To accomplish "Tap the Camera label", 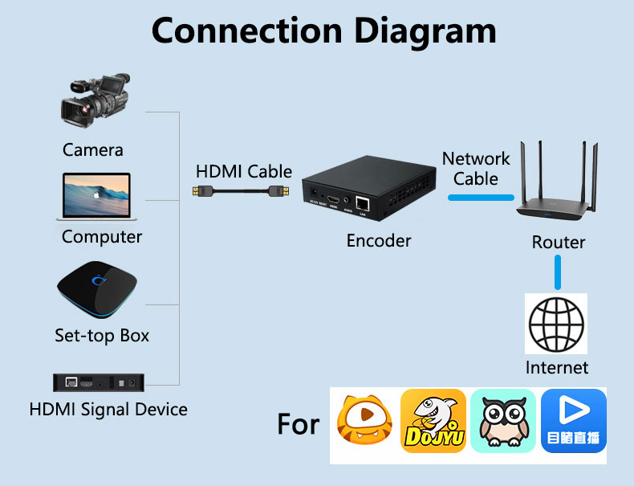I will pos(93,150).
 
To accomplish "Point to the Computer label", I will pos(102,237).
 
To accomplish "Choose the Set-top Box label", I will pos(102,336).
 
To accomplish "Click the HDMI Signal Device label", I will pos(108,409).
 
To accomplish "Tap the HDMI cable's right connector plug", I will pos(279,191).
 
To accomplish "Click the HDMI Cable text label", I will pos(244,171).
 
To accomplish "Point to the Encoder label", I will pos(379,241).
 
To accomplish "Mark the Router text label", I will pos(559,242).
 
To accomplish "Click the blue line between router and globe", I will pos(558,274).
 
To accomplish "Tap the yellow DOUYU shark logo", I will pos(433,421).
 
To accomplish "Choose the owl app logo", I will pos(503,421).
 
